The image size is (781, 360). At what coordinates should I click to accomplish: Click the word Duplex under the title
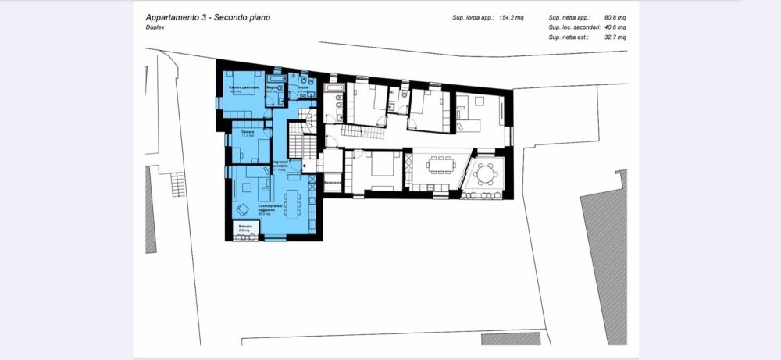154,27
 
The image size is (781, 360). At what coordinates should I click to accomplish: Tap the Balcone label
245,226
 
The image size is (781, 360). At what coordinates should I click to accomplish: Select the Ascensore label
334,182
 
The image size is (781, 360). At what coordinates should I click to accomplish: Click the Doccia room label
303,87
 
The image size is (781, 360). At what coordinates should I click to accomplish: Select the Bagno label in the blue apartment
273,88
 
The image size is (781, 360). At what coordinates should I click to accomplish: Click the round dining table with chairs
487,173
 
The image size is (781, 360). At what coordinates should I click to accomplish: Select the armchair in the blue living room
243,209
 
